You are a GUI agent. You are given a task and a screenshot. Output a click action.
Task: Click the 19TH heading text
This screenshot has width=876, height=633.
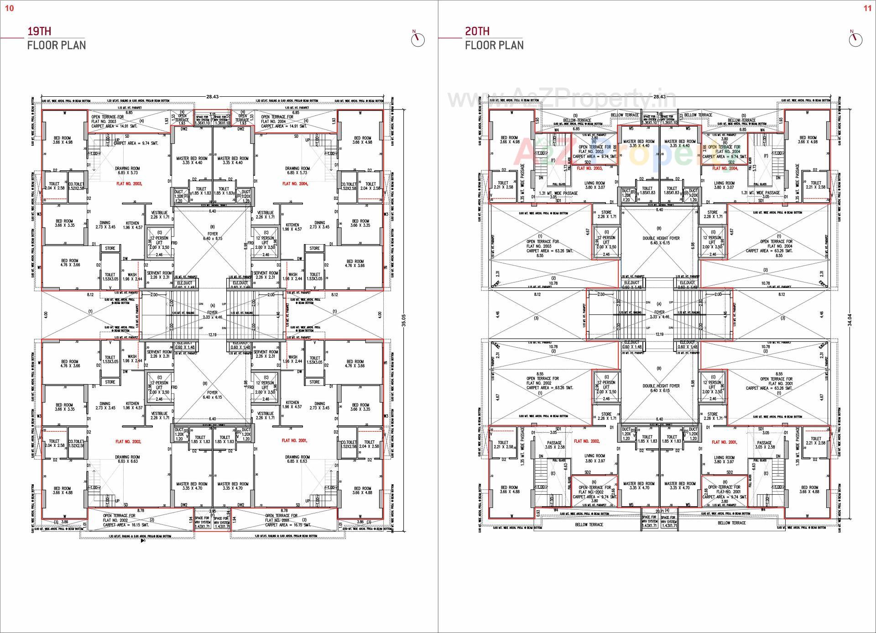pos(39,31)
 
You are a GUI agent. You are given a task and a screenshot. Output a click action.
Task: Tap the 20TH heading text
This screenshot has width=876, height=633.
pos(477,31)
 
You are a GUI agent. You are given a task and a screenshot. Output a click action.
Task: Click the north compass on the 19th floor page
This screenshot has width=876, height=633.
pos(417,39)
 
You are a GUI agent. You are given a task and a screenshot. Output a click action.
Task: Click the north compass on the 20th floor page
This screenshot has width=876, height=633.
pos(855,39)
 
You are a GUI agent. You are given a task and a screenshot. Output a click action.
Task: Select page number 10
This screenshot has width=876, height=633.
pos(10,8)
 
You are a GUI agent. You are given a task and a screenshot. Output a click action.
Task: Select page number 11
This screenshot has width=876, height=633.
pos(867,8)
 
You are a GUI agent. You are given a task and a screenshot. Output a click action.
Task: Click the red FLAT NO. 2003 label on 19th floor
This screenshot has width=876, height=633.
pos(129,183)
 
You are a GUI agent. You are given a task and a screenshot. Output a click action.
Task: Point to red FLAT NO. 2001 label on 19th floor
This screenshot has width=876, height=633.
pos(294,440)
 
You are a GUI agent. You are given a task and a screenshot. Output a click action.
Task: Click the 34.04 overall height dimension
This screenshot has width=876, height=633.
pos(850,319)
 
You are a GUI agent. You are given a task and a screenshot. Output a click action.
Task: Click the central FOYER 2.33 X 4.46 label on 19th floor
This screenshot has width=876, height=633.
pos(213,315)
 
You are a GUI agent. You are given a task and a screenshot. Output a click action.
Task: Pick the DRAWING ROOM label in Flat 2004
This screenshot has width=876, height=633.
pos(297,170)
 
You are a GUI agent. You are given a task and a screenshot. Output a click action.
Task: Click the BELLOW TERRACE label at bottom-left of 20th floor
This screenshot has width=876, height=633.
pos(589,524)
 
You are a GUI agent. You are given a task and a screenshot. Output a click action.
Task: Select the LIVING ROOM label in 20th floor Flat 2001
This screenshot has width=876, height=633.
pos(724,459)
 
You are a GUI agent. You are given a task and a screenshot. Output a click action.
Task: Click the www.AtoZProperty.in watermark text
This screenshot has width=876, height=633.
pos(561,98)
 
